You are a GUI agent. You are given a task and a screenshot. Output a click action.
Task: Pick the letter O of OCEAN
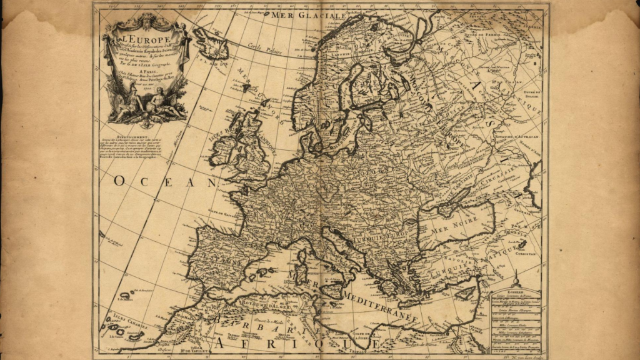click(x=122, y=181)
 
